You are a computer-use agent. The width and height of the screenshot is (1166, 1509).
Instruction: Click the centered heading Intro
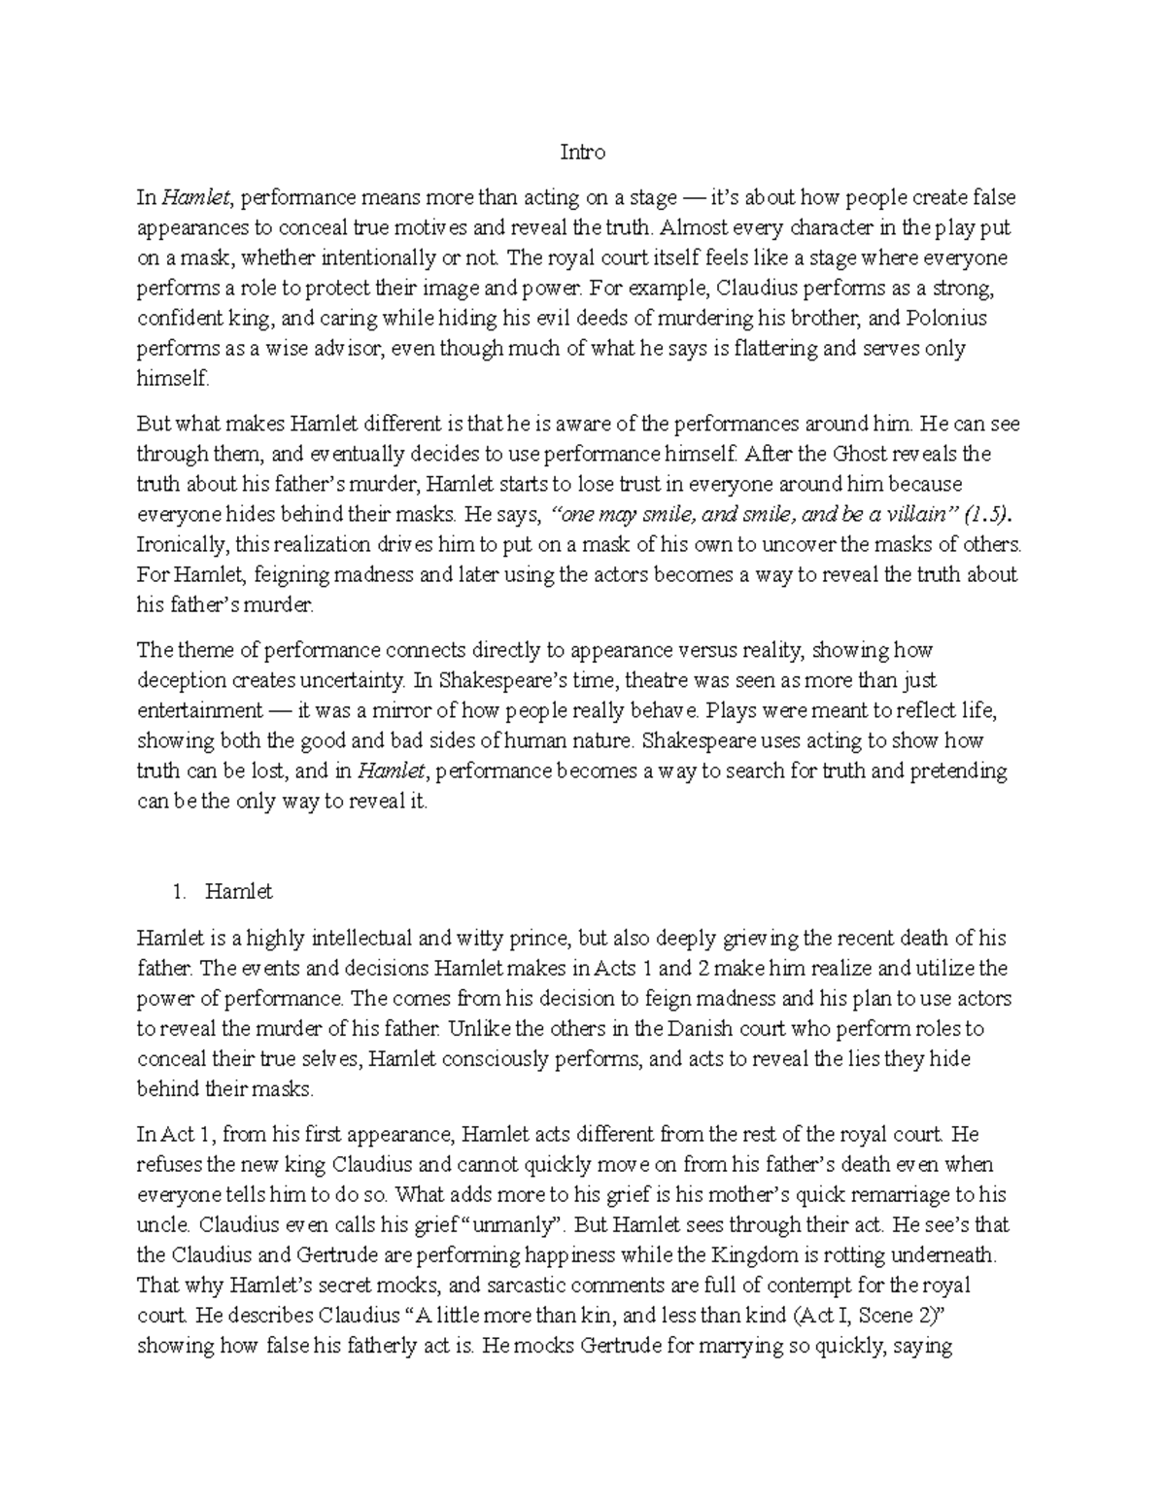(x=583, y=153)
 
